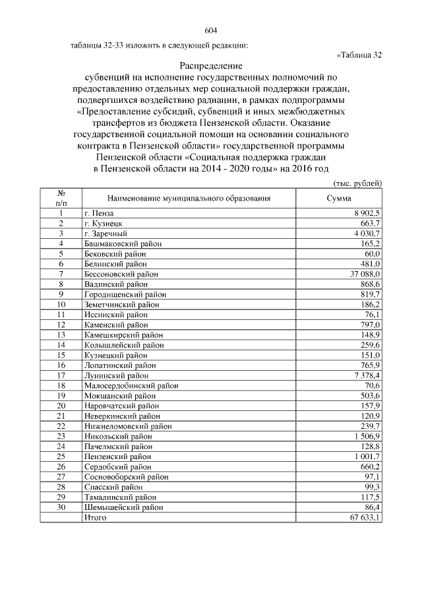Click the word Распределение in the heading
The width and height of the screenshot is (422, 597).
(x=211, y=67)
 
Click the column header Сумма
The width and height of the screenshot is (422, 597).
(x=339, y=198)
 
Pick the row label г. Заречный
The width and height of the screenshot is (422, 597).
(x=105, y=234)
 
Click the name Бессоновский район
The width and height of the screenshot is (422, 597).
(x=121, y=273)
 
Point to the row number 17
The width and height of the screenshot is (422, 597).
(x=61, y=375)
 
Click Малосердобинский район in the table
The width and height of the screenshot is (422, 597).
(x=131, y=385)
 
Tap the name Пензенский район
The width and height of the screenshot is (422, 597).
(x=117, y=456)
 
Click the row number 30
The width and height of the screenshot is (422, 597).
(x=61, y=507)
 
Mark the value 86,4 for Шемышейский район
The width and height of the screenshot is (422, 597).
(x=373, y=507)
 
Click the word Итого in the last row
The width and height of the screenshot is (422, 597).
(x=95, y=518)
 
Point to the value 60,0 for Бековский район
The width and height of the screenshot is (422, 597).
(x=373, y=253)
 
